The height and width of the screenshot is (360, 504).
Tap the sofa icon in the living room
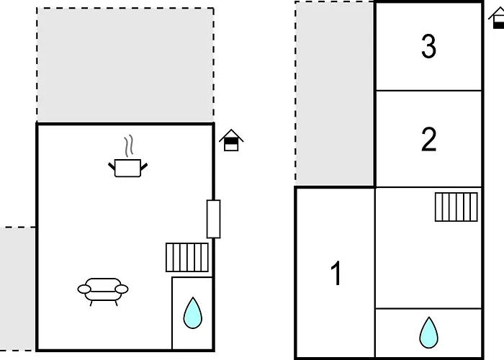tap(103, 291)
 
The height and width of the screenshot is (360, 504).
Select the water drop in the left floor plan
tap(193, 313)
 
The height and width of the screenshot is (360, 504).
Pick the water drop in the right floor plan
tap(429, 333)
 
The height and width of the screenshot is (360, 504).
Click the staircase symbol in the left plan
tap(187, 258)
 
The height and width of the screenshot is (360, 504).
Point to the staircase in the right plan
tap(456, 207)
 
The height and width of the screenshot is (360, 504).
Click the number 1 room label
tap(336, 273)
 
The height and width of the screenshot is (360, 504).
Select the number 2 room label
tap(429, 139)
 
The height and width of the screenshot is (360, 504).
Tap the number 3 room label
tap(429, 46)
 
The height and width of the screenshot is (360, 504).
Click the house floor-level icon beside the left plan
tap(231, 140)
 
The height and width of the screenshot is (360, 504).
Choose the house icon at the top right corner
tap(497, 18)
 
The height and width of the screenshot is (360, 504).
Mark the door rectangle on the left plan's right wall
tap(213, 219)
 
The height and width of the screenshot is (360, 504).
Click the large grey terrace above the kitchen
tap(125, 65)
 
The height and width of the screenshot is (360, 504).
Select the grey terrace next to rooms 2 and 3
tap(335, 94)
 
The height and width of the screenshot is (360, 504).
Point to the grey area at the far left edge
tap(17, 289)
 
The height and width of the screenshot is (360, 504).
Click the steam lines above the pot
tap(129, 146)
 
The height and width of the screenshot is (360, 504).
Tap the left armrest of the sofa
tap(84, 289)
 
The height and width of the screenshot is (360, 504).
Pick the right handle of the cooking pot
tap(144, 166)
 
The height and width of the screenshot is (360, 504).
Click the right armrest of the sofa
tap(122, 289)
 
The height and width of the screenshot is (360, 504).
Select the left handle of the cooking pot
tap(112, 166)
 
